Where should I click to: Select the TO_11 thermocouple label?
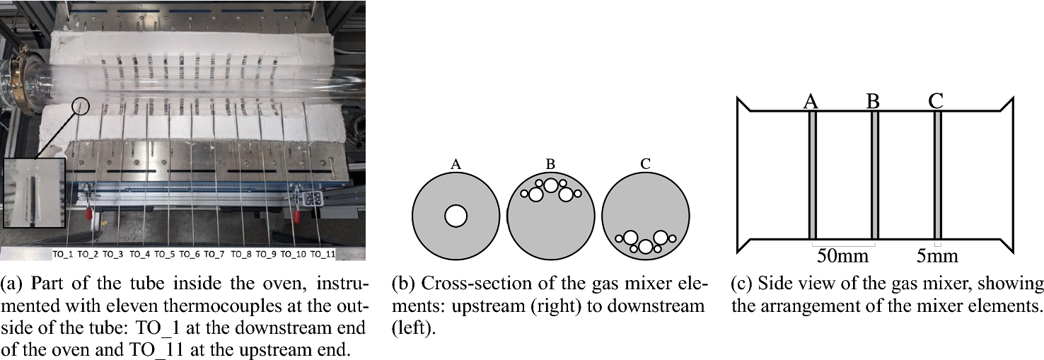click(323, 253)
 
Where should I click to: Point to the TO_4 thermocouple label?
click(139, 253)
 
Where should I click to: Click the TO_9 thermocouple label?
click(266, 253)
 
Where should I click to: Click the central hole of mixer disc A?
click(456, 216)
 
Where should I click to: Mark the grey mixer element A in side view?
click(813, 175)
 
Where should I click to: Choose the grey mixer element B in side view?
click(875, 175)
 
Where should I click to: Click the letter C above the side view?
click(936, 100)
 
